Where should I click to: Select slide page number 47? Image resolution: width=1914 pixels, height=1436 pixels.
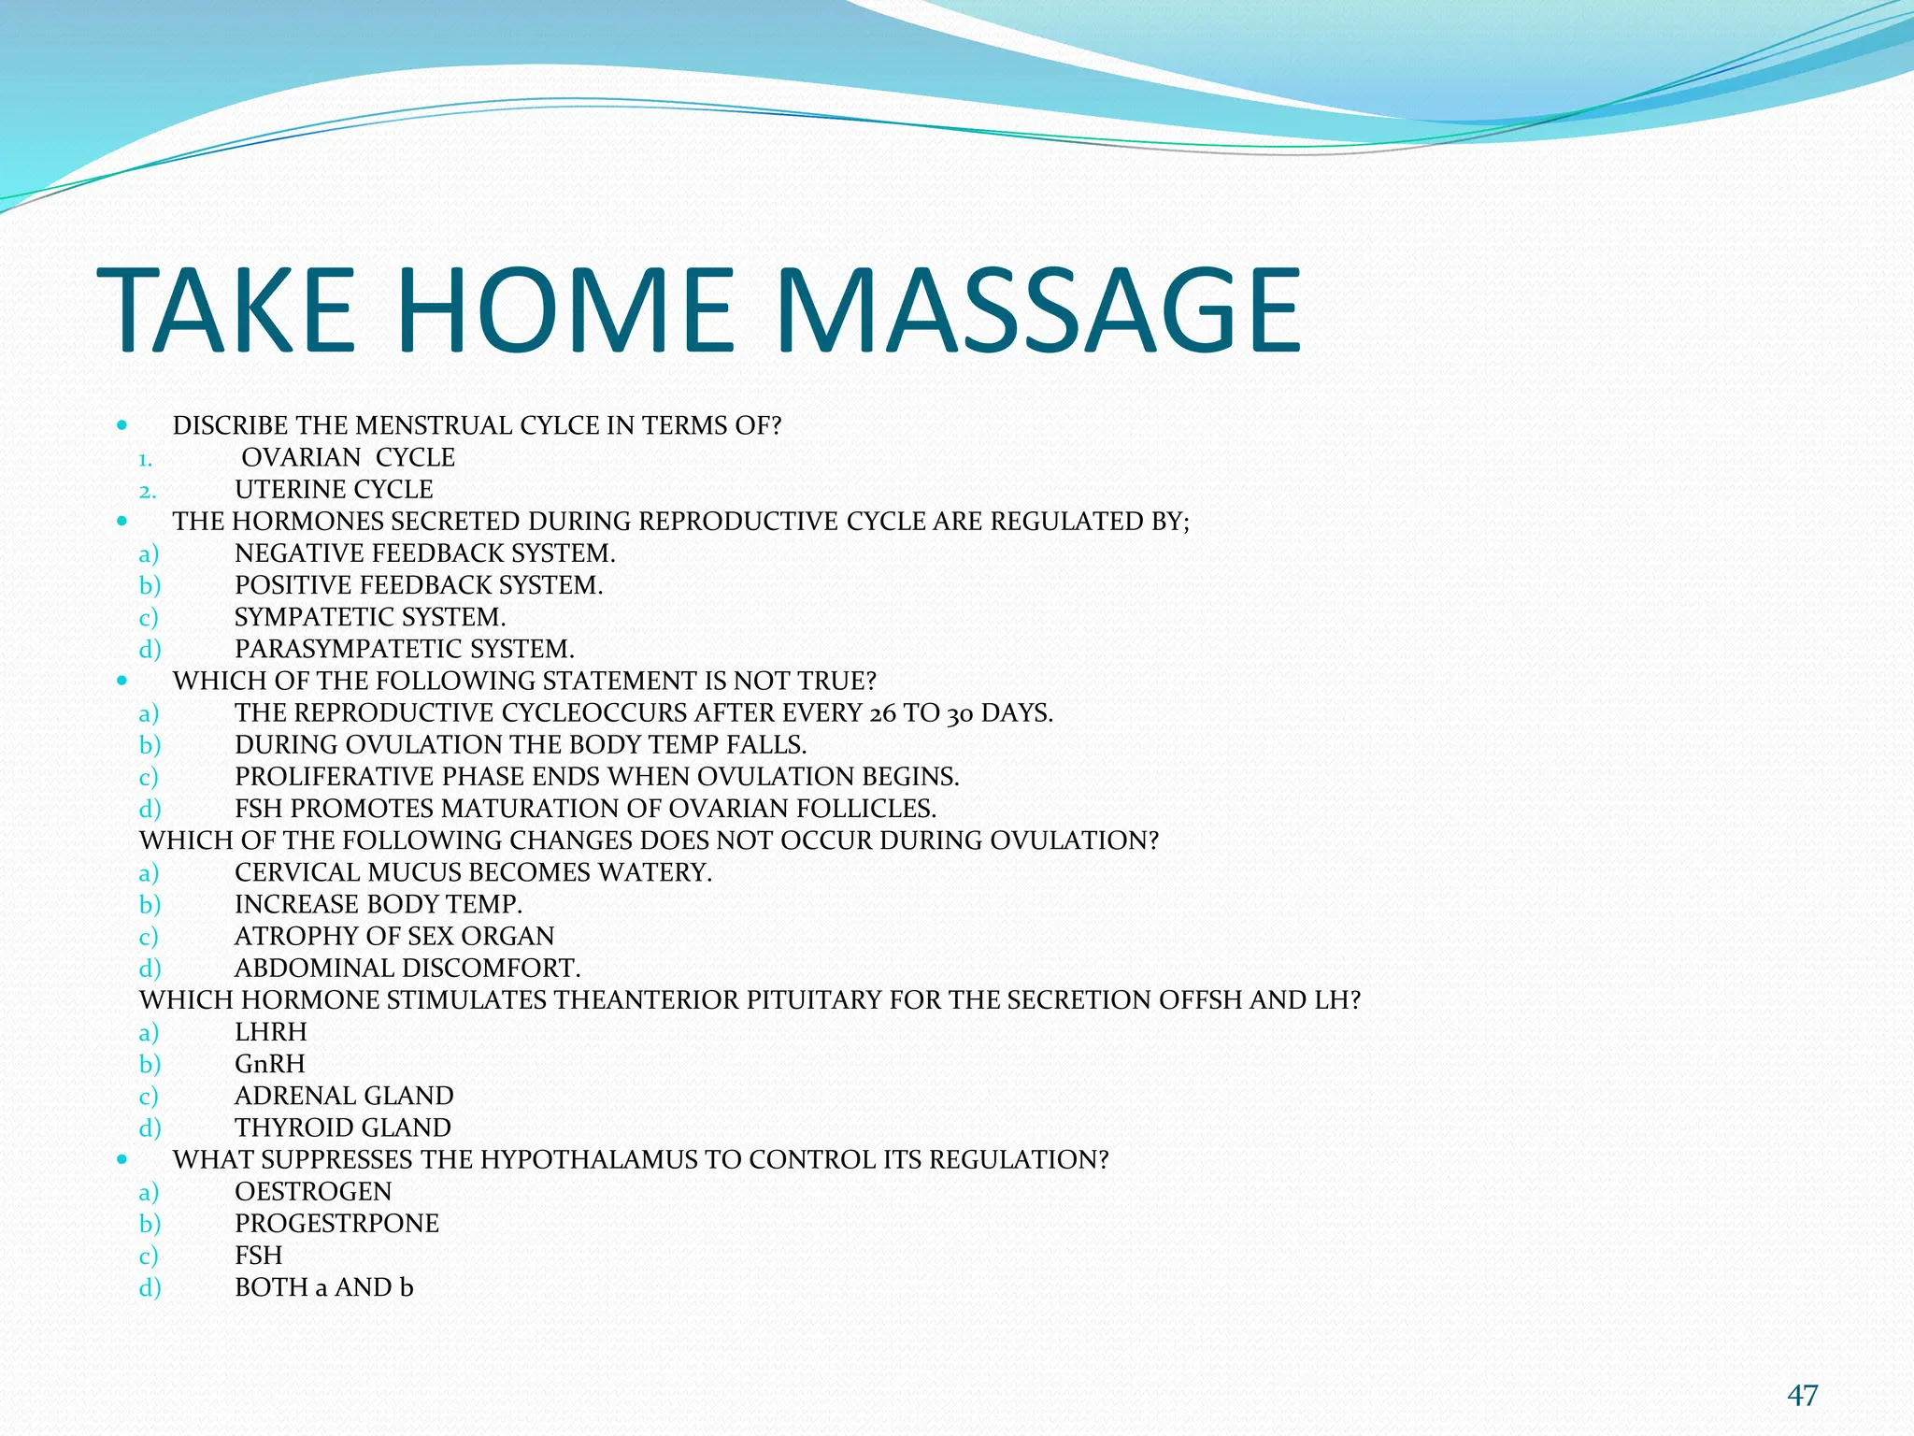click(x=1802, y=1396)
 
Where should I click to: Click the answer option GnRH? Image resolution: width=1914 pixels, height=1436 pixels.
click(x=270, y=1064)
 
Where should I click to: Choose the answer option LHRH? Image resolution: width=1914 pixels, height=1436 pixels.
click(x=271, y=1032)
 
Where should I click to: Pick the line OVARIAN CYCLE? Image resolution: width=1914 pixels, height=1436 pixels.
click(x=348, y=457)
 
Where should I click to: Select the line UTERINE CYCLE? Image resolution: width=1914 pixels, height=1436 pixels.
click(x=334, y=489)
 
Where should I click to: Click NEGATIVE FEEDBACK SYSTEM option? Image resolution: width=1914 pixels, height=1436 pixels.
click(x=424, y=553)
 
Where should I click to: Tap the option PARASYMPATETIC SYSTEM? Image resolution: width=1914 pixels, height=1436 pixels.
click(x=404, y=649)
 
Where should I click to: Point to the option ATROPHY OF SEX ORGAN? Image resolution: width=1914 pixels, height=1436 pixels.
click(x=394, y=936)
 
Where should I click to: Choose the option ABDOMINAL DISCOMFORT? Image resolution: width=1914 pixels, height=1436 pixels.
click(x=407, y=968)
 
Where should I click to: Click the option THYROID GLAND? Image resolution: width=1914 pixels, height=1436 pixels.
click(x=343, y=1127)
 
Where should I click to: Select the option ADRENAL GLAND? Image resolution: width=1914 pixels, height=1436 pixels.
click(x=344, y=1096)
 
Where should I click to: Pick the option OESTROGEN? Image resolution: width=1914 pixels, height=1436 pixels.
click(x=313, y=1191)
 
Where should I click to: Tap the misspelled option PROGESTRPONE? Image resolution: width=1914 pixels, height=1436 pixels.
click(x=336, y=1223)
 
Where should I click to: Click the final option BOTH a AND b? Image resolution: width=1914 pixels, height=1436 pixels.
click(x=323, y=1287)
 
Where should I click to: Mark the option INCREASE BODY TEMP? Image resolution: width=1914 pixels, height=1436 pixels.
click(x=378, y=904)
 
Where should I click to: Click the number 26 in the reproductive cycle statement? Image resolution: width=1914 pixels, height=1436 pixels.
click(x=881, y=713)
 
